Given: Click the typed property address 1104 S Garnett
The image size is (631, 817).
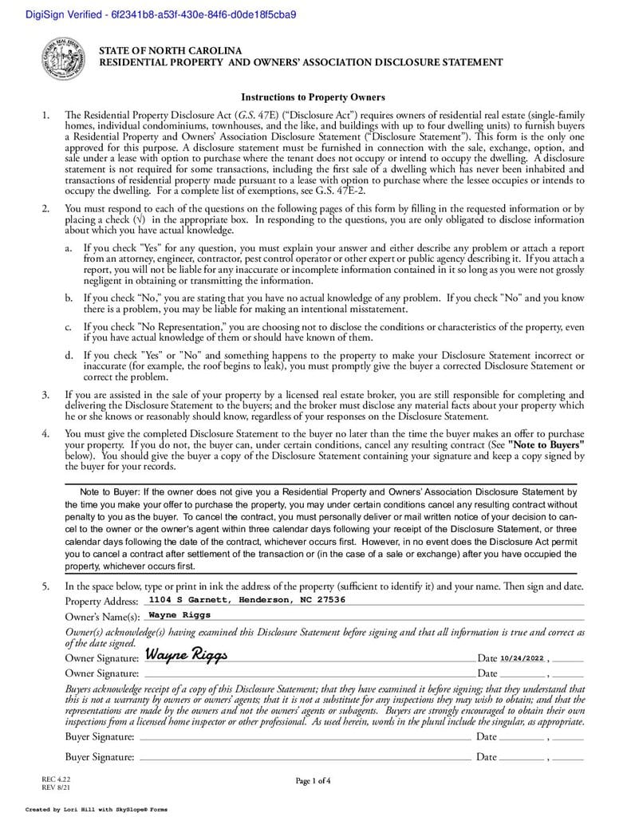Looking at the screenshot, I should coord(247,599).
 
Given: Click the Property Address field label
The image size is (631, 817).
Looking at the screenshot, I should coord(101,601).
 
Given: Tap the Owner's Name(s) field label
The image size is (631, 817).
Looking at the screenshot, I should coord(102,617).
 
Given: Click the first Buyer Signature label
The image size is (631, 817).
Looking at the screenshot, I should coord(100,736).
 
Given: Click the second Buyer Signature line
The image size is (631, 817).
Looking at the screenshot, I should coord(303,758).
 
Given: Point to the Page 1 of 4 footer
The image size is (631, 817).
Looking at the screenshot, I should coord(313,780).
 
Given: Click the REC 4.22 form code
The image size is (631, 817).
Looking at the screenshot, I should coord(51,777).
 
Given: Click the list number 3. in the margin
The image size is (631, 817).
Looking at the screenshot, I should coord(46,394).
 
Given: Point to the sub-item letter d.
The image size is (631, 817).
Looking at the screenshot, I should coord(69,355).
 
